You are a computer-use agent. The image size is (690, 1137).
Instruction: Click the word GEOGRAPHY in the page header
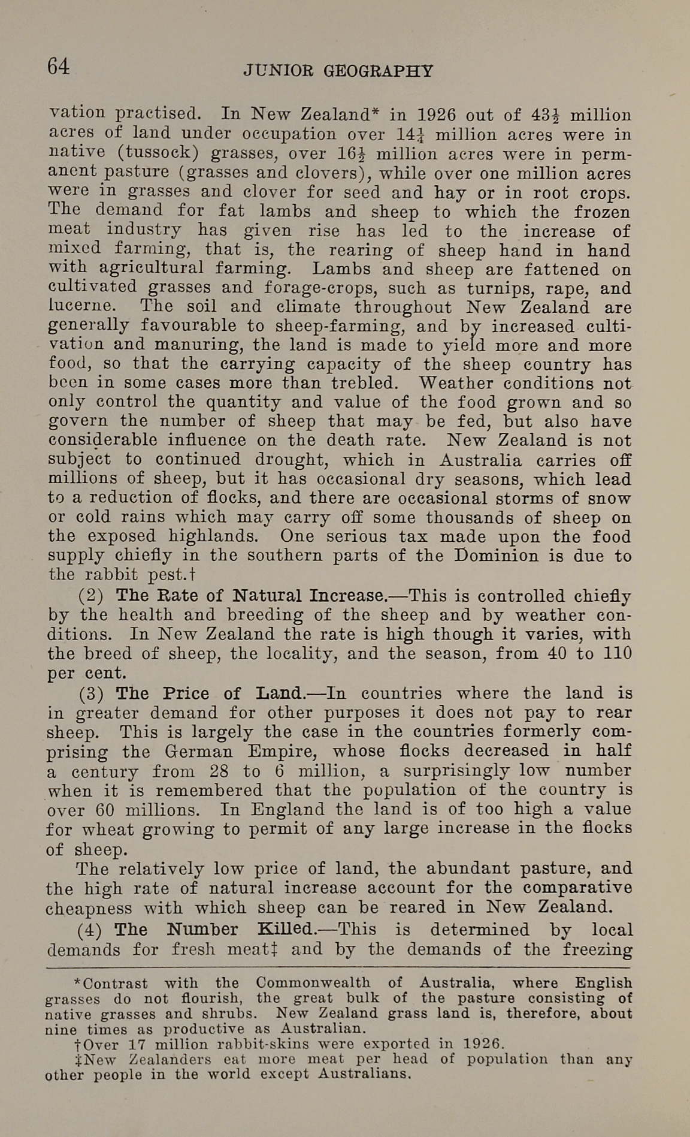pyautogui.click(x=378, y=71)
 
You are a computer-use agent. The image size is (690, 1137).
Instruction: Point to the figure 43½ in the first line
pyautogui.click(x=545, y=114)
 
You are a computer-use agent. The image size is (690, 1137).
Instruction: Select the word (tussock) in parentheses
pyautogui.click(x=159, y=152)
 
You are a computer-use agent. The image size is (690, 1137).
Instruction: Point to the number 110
pyautogui.click(x=616, y=653)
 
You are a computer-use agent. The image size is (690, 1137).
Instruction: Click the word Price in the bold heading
pyautogui.click(x=186, y=693)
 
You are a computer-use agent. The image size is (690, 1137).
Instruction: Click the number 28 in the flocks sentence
pyautogui.click(x=219, y=770)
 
